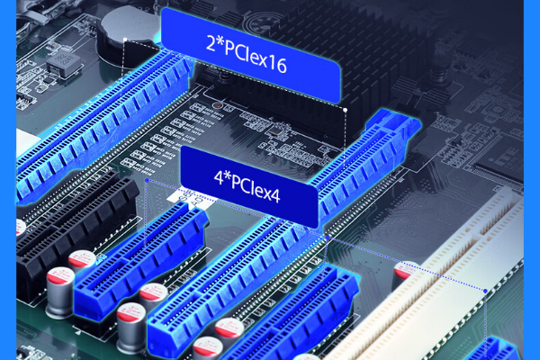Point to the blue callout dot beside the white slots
485,291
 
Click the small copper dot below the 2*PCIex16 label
217,106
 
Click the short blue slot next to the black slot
135,261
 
